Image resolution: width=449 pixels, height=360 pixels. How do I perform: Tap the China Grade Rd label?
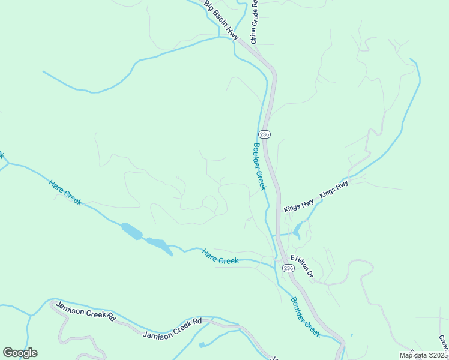254,22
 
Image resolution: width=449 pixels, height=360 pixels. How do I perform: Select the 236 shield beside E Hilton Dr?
288,268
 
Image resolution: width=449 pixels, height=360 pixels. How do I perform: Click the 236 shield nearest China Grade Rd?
265,133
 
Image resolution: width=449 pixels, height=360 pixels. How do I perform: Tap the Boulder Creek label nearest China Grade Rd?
259,166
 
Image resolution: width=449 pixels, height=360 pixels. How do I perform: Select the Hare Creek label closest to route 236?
220,256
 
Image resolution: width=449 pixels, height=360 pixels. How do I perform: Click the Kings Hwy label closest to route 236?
299,205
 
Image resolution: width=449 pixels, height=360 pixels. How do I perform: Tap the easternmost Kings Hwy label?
334,190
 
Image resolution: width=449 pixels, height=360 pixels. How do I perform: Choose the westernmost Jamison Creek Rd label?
85,311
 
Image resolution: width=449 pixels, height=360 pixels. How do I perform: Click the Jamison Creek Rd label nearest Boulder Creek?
173,328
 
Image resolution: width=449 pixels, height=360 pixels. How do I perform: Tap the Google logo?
20,353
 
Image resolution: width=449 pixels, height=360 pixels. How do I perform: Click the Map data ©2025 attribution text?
424,355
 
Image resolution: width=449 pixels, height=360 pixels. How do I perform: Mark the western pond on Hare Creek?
131,231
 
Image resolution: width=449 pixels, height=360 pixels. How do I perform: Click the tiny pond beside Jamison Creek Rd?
201,344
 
